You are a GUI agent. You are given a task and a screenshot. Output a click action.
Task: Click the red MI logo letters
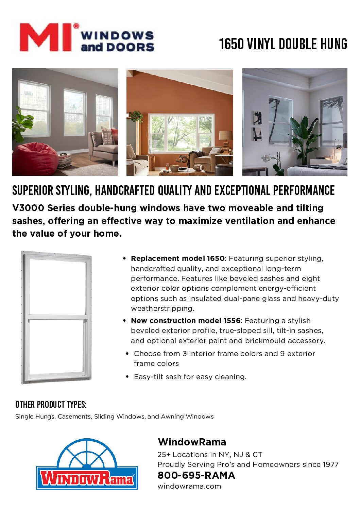coord(46,37)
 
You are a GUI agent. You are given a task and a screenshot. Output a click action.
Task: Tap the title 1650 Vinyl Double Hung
coord(283,44)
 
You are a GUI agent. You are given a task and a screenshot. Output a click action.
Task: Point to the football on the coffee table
coord(198,167)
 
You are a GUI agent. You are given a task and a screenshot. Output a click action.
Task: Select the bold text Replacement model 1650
coord(177,258)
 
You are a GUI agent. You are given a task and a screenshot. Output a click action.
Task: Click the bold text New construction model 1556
coord(185,321)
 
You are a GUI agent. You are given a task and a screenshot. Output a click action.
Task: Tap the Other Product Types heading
coord(51,405)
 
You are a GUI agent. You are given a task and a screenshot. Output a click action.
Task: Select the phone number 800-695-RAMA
coord(196,475)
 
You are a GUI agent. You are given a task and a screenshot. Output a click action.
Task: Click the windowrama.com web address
coord(189,486)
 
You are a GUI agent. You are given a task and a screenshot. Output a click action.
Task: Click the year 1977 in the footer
coord(329,464)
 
